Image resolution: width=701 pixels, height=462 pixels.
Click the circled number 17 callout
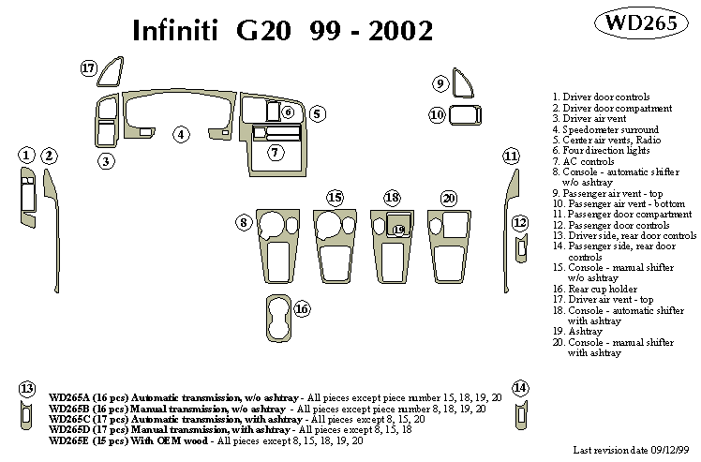(x=89, y=67)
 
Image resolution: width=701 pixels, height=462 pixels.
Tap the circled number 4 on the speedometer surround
(x=180, y=135)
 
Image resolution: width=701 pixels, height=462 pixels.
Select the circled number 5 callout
(x=318, y=113)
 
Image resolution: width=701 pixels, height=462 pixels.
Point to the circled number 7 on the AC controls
(x=275, y=151)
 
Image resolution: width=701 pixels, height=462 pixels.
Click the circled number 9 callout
(x=440, y=84)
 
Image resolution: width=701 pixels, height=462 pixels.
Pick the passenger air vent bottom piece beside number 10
(x=463, y=115)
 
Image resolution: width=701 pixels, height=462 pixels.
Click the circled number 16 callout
(x=302, y=308)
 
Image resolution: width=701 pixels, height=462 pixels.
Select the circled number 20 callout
(x=449, y=198)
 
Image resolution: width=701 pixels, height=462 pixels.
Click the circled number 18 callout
(x=392, y=198)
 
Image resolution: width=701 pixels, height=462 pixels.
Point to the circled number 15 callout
(x=335, y=197)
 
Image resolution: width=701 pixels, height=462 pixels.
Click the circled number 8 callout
(x=244, y=222)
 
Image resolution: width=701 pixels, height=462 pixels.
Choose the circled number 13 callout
(x=27, y=388)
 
